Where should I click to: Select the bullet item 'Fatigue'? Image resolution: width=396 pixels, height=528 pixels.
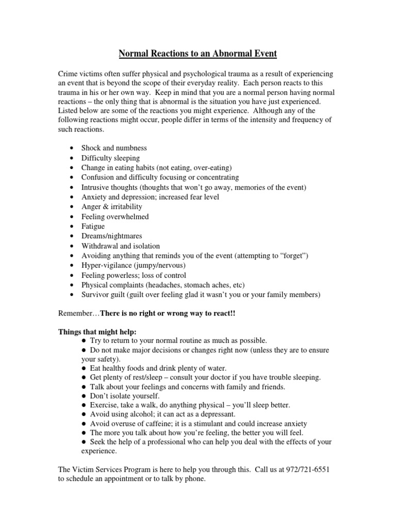click(93, 226)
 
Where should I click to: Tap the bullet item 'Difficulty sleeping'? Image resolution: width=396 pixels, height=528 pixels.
click(110, 158)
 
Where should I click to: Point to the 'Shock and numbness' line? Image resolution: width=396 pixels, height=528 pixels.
click(114, 148)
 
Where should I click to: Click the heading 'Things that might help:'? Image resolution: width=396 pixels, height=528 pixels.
click(97, 331)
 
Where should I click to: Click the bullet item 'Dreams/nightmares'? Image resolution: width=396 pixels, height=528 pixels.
click(111, 236)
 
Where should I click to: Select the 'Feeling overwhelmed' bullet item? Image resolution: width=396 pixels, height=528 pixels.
click(115, 217)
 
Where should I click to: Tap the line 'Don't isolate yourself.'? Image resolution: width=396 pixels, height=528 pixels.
click(121, 396)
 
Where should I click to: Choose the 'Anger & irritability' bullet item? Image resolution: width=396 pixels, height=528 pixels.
click(111, 207)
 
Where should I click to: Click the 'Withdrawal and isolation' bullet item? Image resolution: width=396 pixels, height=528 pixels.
click(121, 246)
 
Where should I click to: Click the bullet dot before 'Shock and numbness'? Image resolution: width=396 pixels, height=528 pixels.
click(71, 148)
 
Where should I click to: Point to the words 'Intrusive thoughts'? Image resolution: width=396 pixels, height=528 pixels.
click(109, 187)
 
